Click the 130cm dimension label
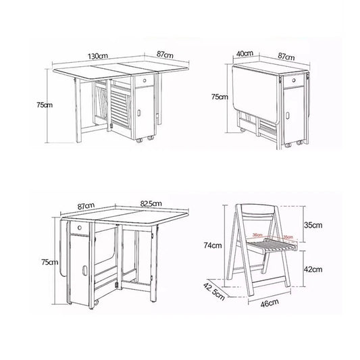coord(103,55)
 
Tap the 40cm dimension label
coord(245,53)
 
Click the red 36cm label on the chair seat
coord(258,236)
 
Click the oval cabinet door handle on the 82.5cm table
coord(84,272)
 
